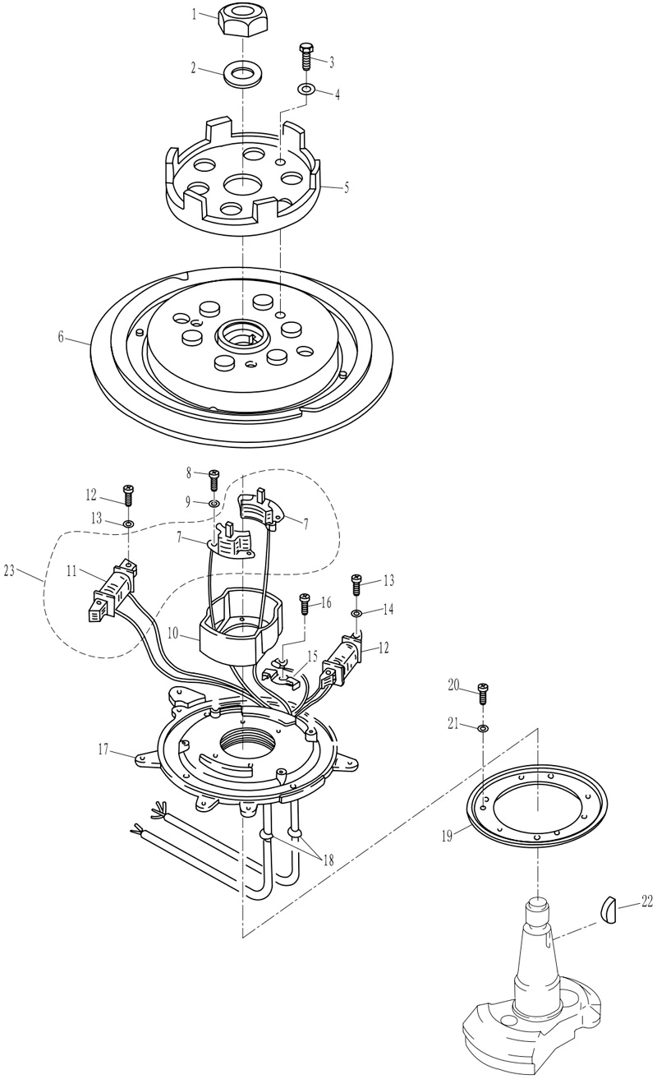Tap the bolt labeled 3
pos(307,57)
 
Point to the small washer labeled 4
pos(306,89)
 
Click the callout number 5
pos(346,187)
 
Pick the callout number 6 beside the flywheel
pos(61,337)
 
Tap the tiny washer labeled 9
pos(214,504)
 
